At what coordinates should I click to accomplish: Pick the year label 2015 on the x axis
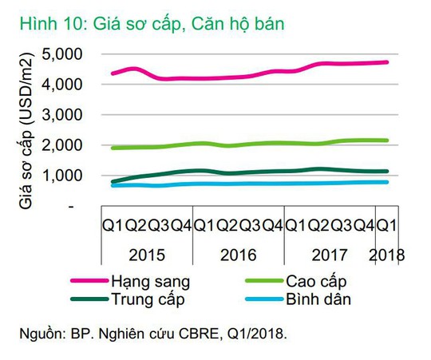pos(149,256)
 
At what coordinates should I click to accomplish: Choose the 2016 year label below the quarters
pos(239,256)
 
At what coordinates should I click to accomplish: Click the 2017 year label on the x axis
pos(330,256)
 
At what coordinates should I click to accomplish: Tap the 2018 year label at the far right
pos(389,256)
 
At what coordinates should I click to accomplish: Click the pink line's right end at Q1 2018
pos(388,62)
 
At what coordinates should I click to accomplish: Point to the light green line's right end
pos(388,140)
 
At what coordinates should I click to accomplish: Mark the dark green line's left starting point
pos(113,182)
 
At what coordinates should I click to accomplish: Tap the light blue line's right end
pos(388,182)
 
